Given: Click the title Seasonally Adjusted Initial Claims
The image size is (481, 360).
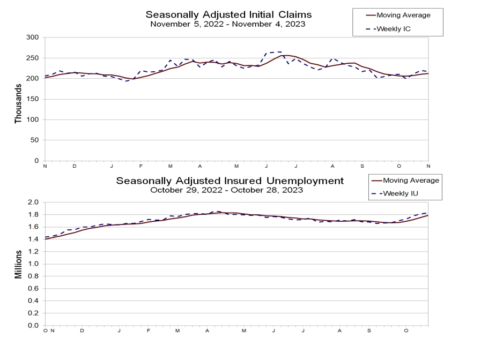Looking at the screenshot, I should pos(230,14).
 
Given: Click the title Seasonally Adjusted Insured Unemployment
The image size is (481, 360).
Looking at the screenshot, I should pos(230,181).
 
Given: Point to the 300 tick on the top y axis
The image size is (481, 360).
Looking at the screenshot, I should pos(33,37).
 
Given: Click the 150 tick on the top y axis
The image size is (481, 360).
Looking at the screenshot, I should pos(33,99).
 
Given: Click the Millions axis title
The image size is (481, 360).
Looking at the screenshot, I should pos(18,264).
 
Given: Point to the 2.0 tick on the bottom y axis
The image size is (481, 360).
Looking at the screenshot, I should pos(34,202).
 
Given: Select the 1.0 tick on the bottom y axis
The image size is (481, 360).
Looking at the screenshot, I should pos(34,264).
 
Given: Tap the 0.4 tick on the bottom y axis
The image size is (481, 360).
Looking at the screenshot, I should pos(34,301).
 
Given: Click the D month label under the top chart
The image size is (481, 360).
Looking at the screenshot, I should pos(75,166).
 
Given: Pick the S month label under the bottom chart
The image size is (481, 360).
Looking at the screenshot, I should pos(369,331).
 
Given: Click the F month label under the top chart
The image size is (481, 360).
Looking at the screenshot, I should pos(141,166).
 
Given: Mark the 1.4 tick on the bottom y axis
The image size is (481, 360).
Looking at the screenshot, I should pos(34,239).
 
